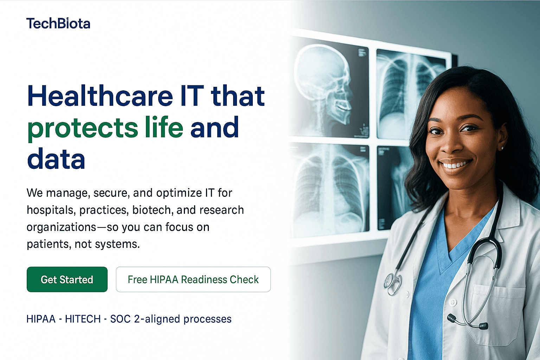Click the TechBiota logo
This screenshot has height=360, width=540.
pyautogui.click(x=58, y=24)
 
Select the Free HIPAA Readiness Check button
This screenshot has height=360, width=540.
pyautogui.click(x=193, y=279)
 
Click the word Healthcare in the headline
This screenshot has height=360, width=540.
pyautogui.click(x=100, y=96)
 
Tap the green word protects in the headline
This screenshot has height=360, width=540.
pyautogui.click(x=83, y=128)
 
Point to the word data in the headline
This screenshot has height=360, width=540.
pyautogui.click(x=56, y=159)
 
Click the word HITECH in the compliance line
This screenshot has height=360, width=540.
pyautogui.click(x=83, y=319)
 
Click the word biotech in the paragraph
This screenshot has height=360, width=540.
pyautogui.click(x=152, y=210)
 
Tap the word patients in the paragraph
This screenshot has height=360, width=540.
pyautogui.click(x=49, y=244)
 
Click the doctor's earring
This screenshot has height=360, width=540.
pyautogui.click(x=502, y=148)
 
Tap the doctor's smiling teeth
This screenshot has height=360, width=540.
pyautogui.click(x=456, y=165)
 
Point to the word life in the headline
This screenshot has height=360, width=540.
pyautogui.click(x=164, y=127)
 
